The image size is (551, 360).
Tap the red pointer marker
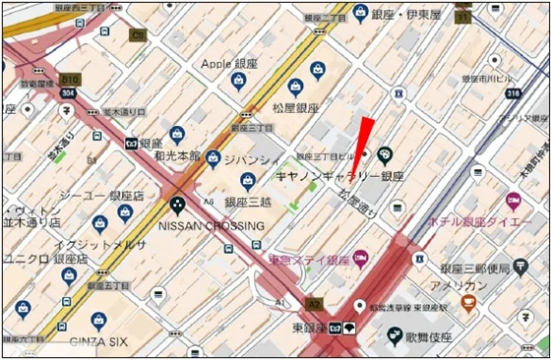click(x=362, y=137)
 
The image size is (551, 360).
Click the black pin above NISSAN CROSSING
click(x=178, y=206)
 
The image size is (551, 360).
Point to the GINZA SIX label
click(x=100, y=340)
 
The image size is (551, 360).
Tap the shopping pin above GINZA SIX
click(x=98, y=320)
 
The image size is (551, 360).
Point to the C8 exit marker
click(x=138, y=35)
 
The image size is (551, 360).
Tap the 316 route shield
click(x=513, y=93)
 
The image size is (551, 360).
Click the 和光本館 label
click(x=178, y=156)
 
